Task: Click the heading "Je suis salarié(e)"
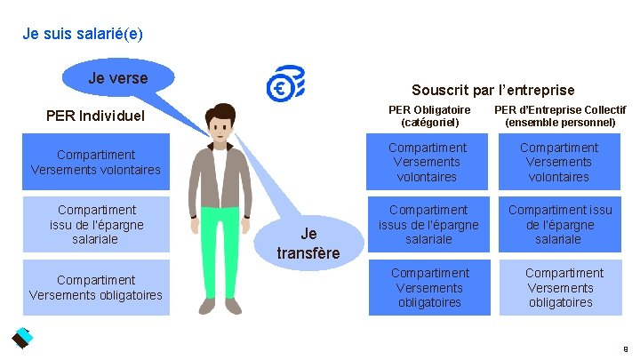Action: click(83, 35)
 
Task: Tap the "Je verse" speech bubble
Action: click(117, 79)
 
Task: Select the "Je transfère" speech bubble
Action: click(308, 243)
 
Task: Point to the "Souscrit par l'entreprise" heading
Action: click(492, 90)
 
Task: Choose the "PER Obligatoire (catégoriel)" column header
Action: click(429, 116)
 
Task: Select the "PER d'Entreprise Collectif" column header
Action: click(560, 116)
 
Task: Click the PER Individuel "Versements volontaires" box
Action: click(95, 162)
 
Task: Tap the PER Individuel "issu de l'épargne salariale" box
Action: click(95, 224)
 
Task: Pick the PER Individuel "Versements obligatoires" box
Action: click(95, 287)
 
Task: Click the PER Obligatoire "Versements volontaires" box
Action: click(428, 162)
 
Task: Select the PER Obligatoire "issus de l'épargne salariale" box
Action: click(428, 224)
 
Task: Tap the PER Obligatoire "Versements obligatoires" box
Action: click(428, 287)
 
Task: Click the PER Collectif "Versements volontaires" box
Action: click(559, 162)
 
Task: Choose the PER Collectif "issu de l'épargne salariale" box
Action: click(559, 224)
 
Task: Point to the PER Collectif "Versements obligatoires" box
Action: click(559, 287)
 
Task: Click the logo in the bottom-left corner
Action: click(20, 339)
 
